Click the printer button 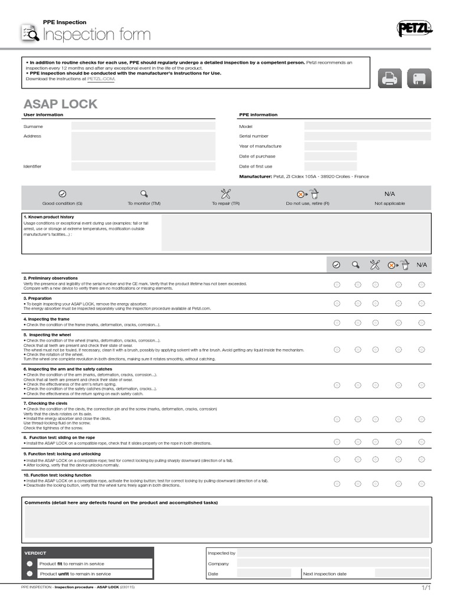(x=390, y=78)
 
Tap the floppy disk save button (x=418, y=78)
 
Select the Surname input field (x=143, y=126)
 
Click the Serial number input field (x=367, y=136)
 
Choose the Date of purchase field (x=330, y=156)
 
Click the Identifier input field (x=143, y=166)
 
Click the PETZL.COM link (x=101, y=78)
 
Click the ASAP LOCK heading (x=60, y=104)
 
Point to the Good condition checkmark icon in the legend (x=63, y=193)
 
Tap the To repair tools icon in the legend (x=225, y=193)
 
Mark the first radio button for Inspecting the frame (x=337, y=323)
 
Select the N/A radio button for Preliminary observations (x=421, y=285)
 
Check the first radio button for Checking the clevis (x=337, y=419)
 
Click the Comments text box (x=226, y=521)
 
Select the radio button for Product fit (x=29, y=563)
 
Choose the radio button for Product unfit (x=29, y=573)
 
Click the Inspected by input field (x=333, y=553)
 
